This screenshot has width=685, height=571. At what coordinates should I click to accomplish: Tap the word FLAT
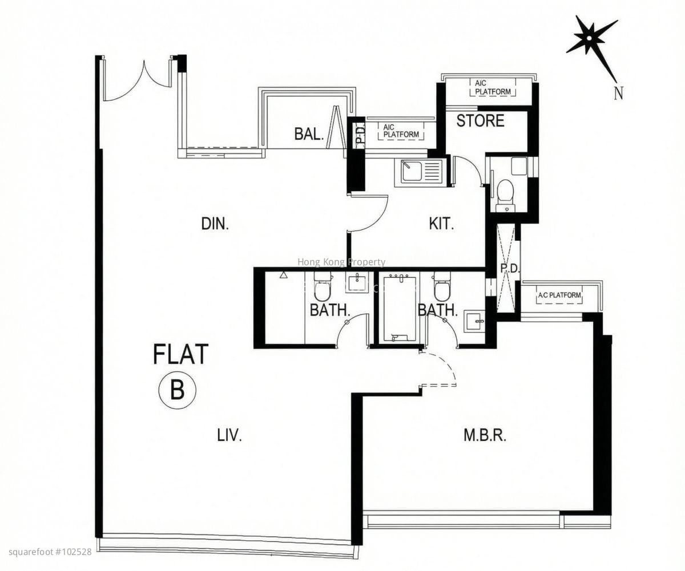point(181,354)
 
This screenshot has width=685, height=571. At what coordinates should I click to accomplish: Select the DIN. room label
point(215,224)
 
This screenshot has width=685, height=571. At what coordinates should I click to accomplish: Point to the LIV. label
point(229,436)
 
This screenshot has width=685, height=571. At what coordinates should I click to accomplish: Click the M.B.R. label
point(485,436)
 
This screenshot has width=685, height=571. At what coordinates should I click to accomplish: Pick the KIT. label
point(442,224)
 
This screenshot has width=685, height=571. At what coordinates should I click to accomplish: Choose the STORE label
point(480,120)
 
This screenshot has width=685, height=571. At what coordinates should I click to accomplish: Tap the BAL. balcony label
point(309,133)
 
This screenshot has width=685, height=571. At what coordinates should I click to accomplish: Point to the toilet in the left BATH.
point(322,287)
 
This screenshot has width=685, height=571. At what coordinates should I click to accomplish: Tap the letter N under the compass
point(618,93)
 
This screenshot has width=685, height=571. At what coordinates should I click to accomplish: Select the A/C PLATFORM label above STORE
point(493,88)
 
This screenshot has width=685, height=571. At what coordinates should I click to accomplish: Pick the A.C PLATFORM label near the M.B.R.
point(559,295)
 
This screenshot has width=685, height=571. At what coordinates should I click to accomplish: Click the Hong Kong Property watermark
point(341,262)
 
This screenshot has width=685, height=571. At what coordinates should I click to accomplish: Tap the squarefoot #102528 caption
point(50,552)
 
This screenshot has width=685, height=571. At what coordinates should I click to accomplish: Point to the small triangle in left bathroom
point(283,275)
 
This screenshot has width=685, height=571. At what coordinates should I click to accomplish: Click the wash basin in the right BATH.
point(475,321)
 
